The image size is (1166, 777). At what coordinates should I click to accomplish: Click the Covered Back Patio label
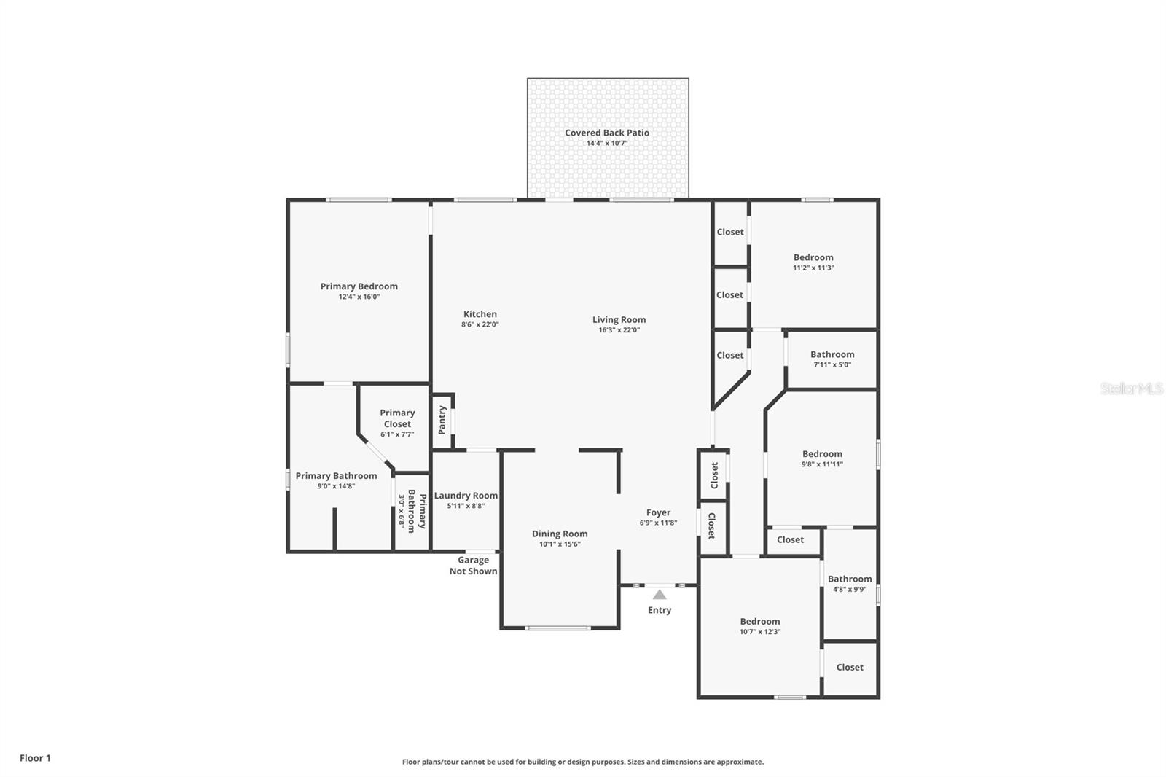pyautogui.click(x=606, y=133)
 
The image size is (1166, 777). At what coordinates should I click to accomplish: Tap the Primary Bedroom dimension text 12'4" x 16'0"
pyautogui.click(x=359, y=297)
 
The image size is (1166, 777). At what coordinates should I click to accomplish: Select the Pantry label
pyautogui.click(x=442, y=421)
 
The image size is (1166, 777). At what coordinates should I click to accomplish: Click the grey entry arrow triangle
pyautogui.click(x=659, y=595)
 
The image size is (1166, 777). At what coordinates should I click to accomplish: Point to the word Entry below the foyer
pyautogui.click(x=659, y=610)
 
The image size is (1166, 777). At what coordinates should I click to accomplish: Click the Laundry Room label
pyautogui.click(x=466, y=496)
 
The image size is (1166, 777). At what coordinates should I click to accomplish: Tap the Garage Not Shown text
pyautogui.click(x=473, y=566)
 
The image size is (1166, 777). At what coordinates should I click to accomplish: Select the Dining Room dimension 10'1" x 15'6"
pyautogui.click(x=559, y=544)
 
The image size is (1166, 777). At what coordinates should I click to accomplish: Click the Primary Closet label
pyautogui.click(x=396, y=418)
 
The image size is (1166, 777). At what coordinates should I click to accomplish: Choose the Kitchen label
pyautogui.click(x=480, y=314)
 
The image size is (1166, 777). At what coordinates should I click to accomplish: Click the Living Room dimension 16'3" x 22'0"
pyautogui.click(x=619, y=329)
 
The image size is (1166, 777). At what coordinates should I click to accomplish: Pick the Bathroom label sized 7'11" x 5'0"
pyautogui.click(x=832, y=354)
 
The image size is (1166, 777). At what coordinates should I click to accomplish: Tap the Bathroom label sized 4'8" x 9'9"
pyautogui.click(x=849, y=579)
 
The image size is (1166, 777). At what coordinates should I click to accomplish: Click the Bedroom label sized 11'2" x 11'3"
pyautogui.click(x=813, y=257)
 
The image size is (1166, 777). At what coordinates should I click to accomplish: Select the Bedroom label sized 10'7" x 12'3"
pyautogui.click(x=759, y=622)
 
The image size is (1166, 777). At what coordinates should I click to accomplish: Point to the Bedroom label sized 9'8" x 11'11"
pyautogui.click(x=821, y=453)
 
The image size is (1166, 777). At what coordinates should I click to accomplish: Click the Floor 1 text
pyautogui.click(x=35, y=758)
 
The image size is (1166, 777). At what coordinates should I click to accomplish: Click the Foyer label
pyautogui.click(x=658, y=512)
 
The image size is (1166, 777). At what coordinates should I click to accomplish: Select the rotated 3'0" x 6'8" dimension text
pyautogui.click(x=401, y=511)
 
